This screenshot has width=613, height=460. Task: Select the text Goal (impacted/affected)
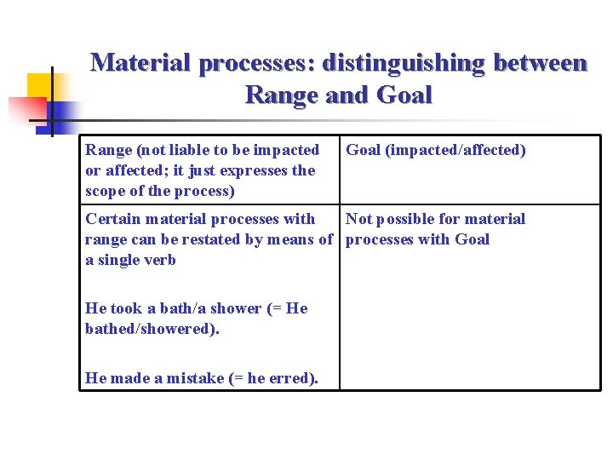pyautogui.click(x=435, y=150)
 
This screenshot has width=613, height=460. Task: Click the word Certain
pyautogui.click(x=115, y=219)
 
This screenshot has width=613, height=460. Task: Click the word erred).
pyautogui.click(x=294, y=378)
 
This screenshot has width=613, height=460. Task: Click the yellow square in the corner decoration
pyautogui.click(x=39, y=85)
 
